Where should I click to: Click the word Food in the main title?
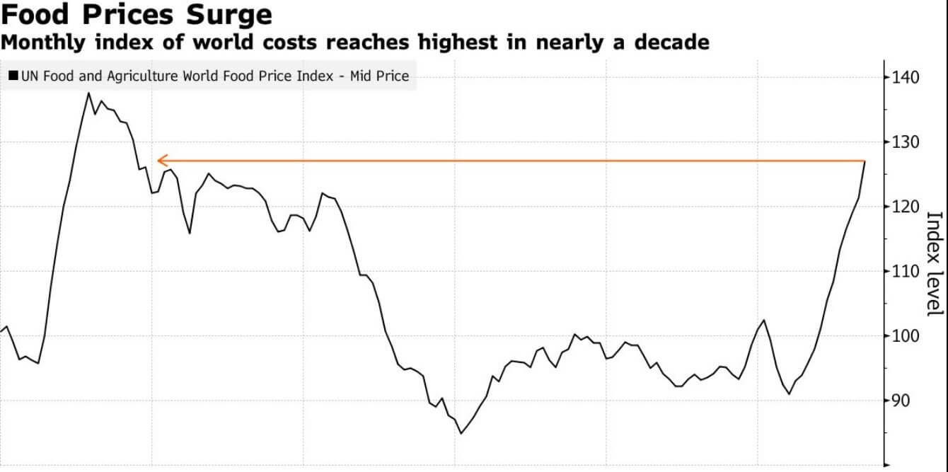pos(33,15)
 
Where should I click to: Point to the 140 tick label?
pos(905,77)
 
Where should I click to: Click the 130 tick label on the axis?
pos(905,142)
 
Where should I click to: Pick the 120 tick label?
pos(905,207)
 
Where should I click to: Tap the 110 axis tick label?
pos(905,271)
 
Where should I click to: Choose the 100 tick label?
pos(905,335)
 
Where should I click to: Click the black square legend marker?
pos(14,76)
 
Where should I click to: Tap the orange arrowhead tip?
pos(158,161)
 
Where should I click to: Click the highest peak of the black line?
pos(89,93)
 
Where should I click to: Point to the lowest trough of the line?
pos(461,433)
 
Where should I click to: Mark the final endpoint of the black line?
pos(865,162)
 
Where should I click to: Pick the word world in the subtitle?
pos(215,42)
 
